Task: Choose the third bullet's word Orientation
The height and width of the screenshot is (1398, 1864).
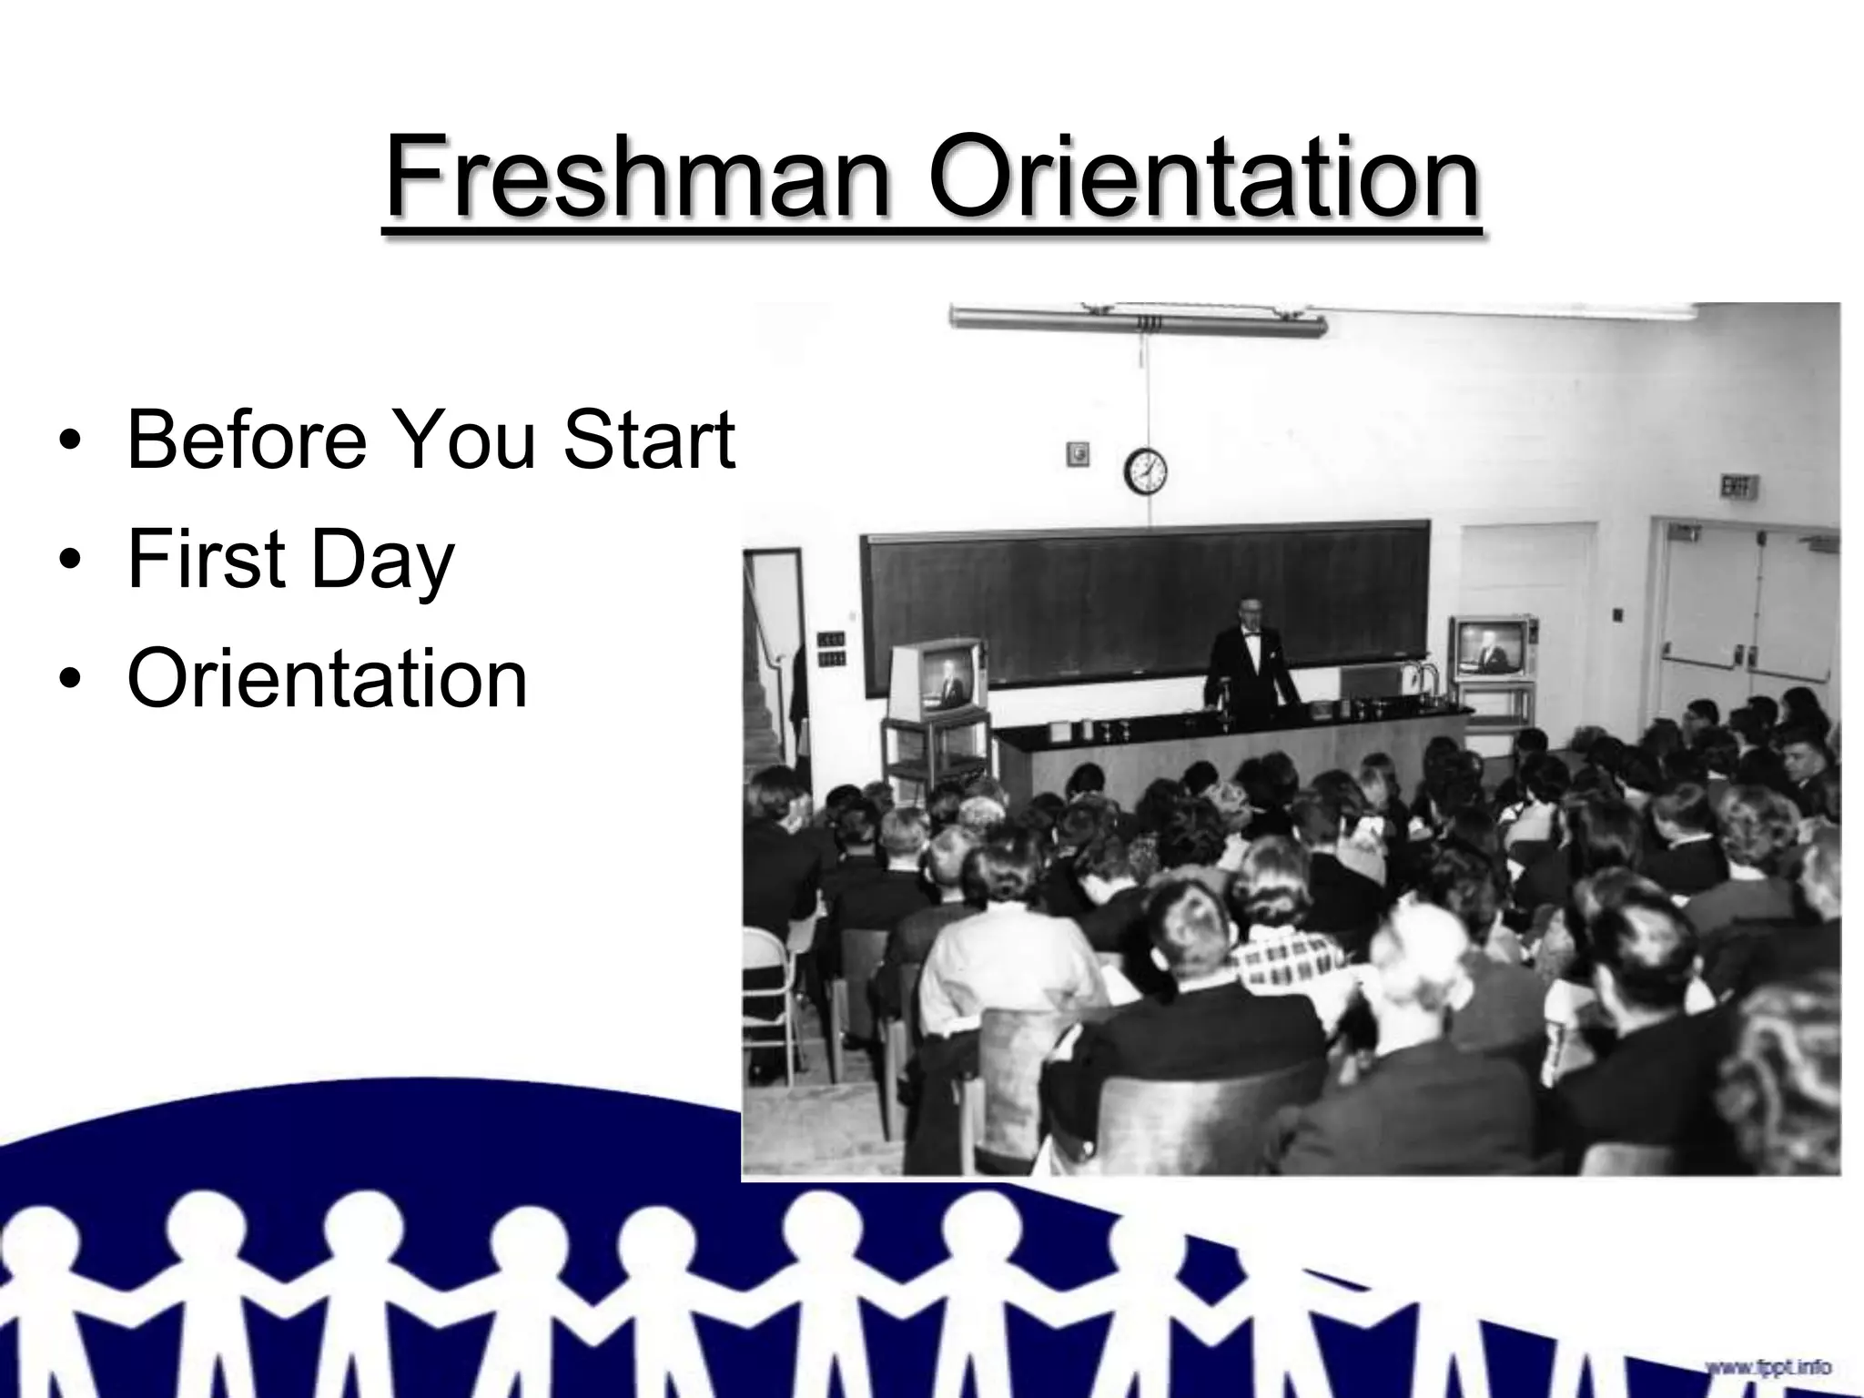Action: click(328, 679)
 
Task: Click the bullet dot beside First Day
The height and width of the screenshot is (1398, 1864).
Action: click(68, 562)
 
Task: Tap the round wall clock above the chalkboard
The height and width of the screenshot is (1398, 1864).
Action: click(1146, 471)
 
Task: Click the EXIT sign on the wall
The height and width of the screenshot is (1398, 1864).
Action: click(1737, 488)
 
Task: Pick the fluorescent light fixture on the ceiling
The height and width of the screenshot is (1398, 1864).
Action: click(1138, 320)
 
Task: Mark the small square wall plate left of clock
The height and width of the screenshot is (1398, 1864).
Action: click(1078, 453)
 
